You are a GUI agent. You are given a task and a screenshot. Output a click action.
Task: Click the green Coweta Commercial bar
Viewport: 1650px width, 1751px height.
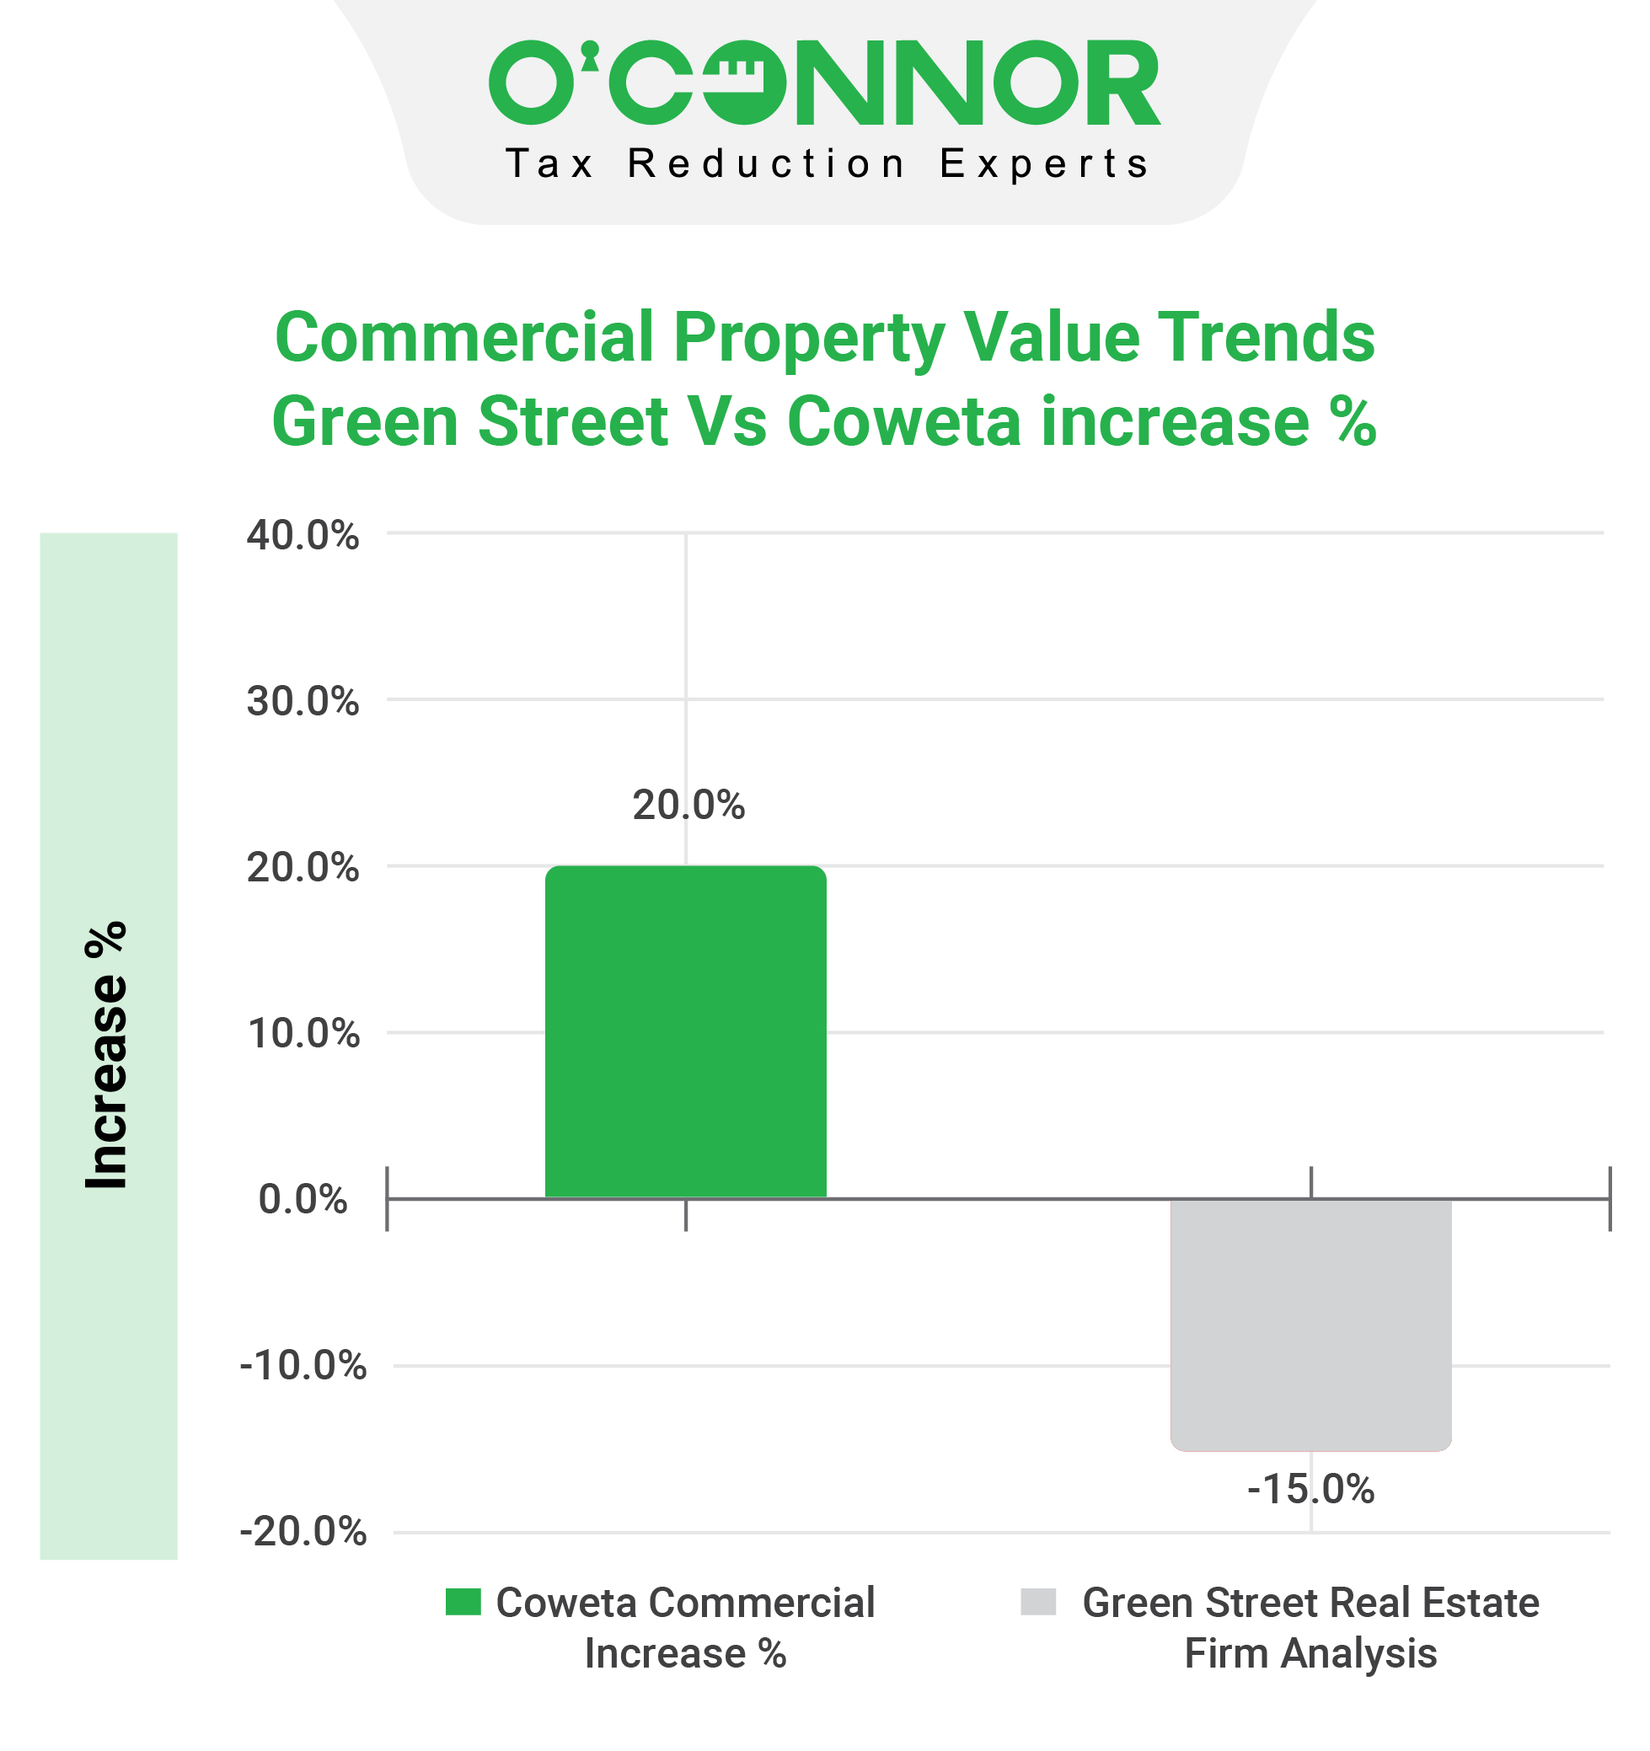coord(685,1031)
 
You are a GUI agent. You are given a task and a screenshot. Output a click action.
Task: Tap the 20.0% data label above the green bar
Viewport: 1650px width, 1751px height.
coord(688,805)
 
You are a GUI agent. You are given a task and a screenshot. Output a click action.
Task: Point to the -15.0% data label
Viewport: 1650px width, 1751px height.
coord(1310,1490)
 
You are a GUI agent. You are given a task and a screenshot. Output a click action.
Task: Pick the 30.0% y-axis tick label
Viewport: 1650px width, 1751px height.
coord(303,701)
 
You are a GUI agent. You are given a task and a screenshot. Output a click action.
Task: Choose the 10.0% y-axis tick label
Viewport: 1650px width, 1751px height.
coord(303,1033)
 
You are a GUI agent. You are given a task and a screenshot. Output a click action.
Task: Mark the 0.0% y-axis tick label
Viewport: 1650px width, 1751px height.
coord(303,1200)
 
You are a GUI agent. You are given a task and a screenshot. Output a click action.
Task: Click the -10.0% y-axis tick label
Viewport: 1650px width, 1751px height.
coord(303,1366)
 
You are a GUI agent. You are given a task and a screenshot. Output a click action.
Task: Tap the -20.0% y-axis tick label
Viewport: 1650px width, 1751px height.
coord(303,1533)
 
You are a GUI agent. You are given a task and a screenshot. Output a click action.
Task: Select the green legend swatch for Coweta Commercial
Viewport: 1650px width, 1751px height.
coord(463,1602)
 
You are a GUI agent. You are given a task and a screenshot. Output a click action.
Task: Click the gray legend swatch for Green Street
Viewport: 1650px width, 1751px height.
coord(1037,1602)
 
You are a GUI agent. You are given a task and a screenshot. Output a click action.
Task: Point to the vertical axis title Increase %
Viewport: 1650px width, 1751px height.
coord(106,1054)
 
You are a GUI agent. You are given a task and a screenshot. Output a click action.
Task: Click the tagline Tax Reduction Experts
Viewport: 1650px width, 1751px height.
coord(826,163)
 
